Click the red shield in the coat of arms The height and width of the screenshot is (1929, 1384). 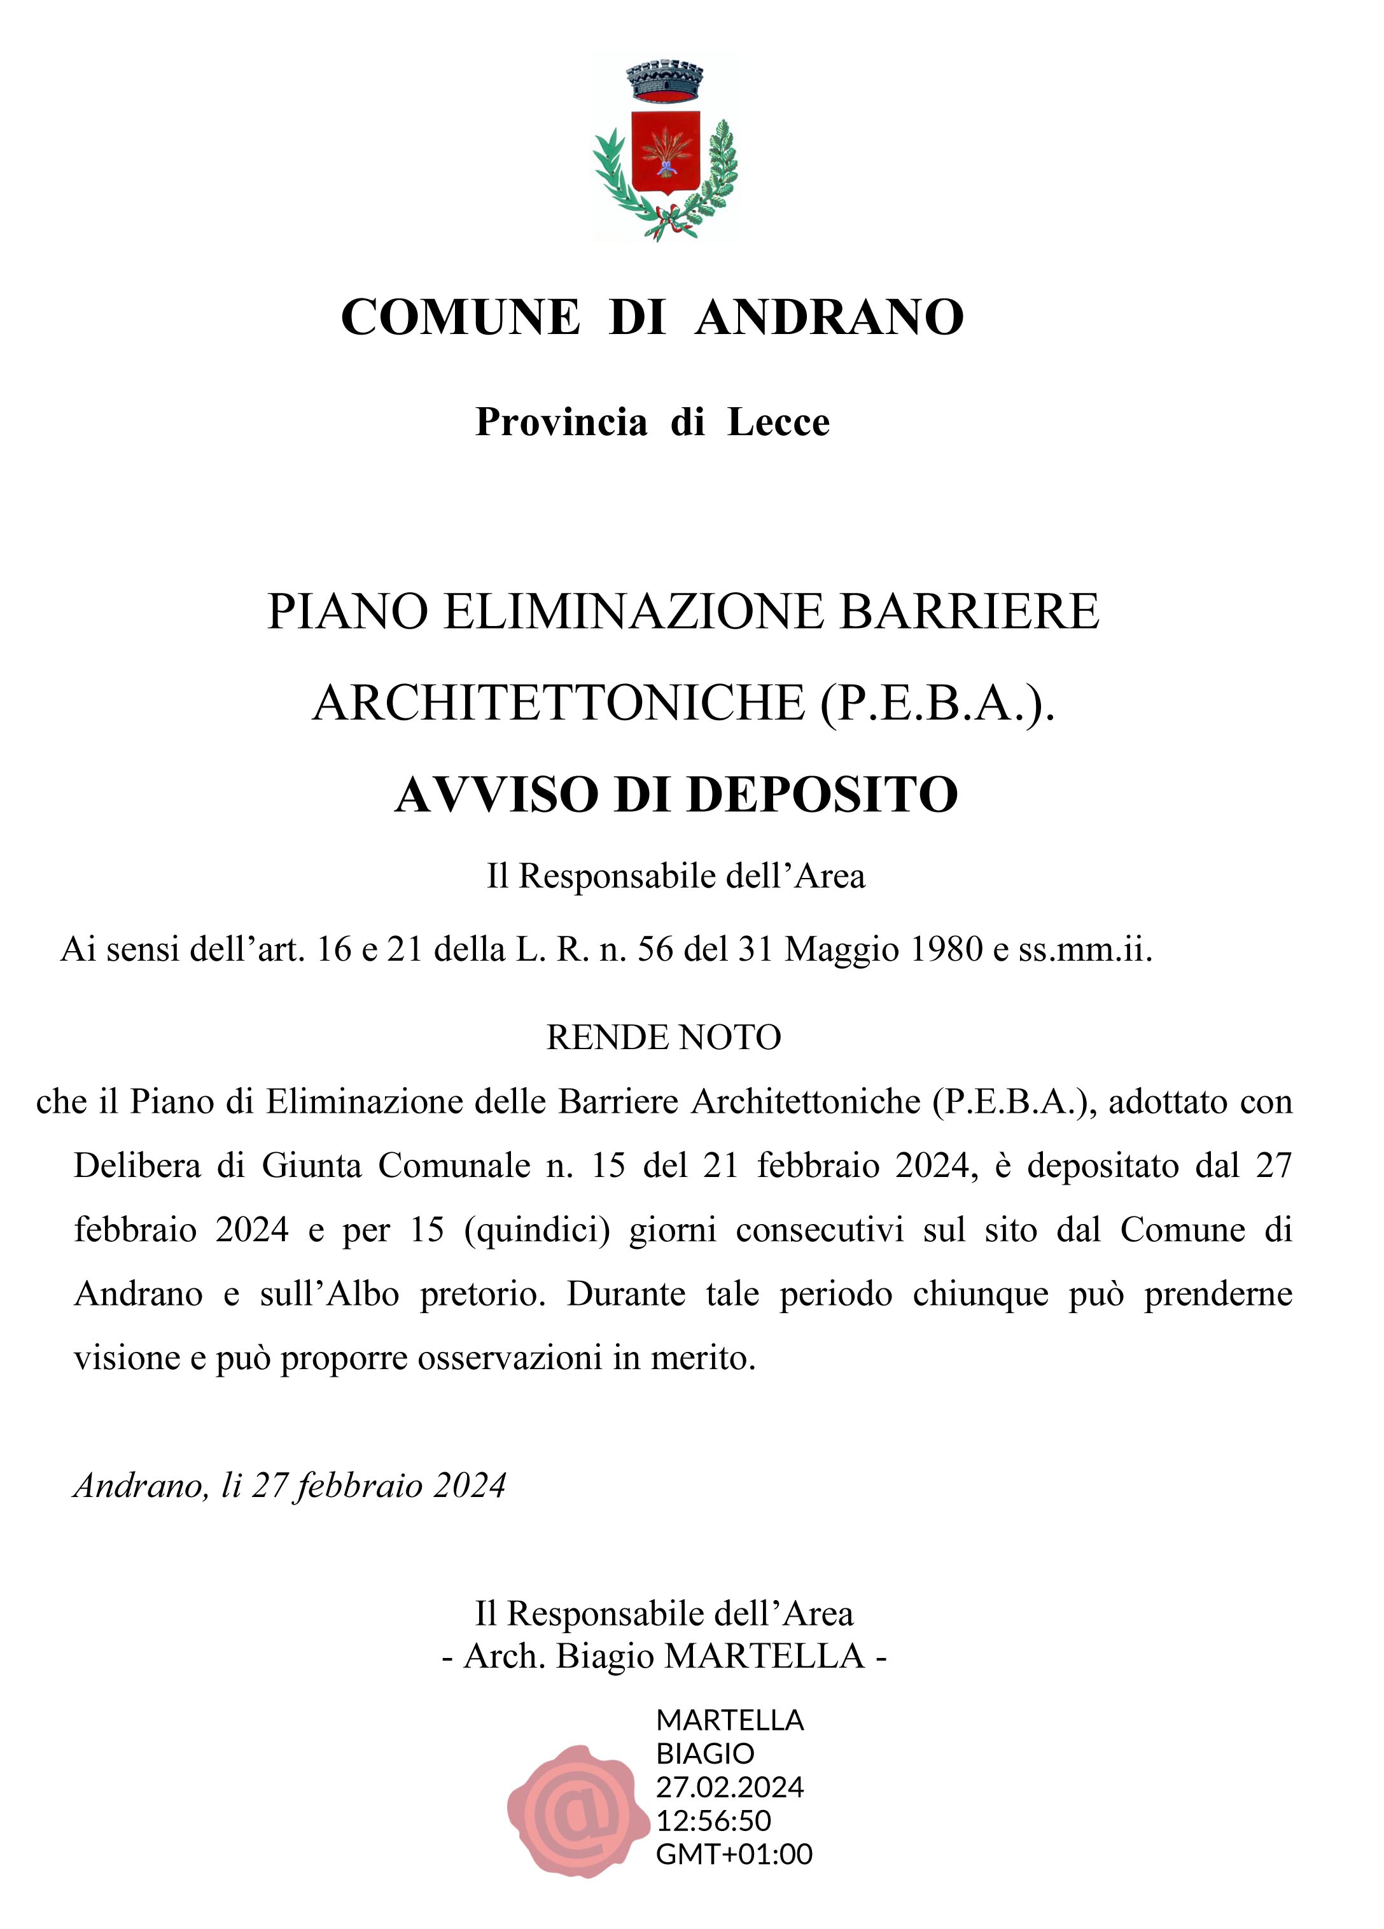pos(664,150)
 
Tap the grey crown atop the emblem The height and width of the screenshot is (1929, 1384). pos(664,81)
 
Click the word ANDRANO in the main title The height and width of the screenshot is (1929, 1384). pos(828,317)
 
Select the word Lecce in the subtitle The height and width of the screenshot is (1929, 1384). pos(778,422)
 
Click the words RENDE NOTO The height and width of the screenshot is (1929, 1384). pos(664,1038)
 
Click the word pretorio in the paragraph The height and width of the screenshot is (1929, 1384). pos(482,1293)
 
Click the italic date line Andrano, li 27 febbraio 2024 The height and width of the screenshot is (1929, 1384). pos(290,1485)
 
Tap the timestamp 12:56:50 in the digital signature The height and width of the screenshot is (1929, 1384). pos(713,1821)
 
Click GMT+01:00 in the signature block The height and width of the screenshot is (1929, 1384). pos(733,1853)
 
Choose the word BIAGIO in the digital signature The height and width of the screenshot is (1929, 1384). pos(704,1753)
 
